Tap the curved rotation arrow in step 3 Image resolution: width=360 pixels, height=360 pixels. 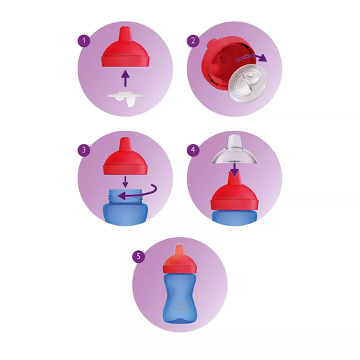pyautogui.click(x=137, y=195)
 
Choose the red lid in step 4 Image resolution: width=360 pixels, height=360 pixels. pyautogui.click(x=233, y=197)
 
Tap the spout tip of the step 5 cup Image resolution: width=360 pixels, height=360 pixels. pyautogui.click(x=180, y=250)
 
